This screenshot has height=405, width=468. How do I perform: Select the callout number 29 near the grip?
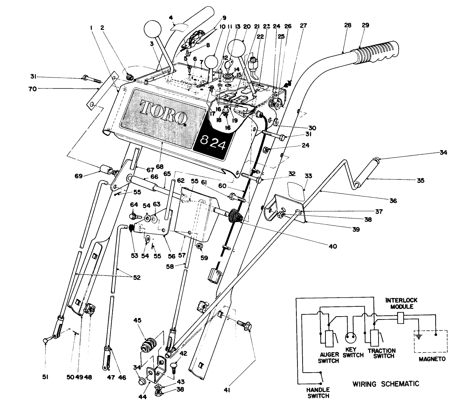click(x=365, y=25)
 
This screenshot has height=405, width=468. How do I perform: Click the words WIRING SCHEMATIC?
click(x=385, y=384)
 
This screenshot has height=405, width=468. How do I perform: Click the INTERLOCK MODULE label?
click(x=401, y=303)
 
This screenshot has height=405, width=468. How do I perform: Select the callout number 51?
click(x=44, y=378)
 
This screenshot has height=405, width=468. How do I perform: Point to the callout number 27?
click(x=303, y=25)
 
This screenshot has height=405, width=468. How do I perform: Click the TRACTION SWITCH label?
click(x=381, y=353)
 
